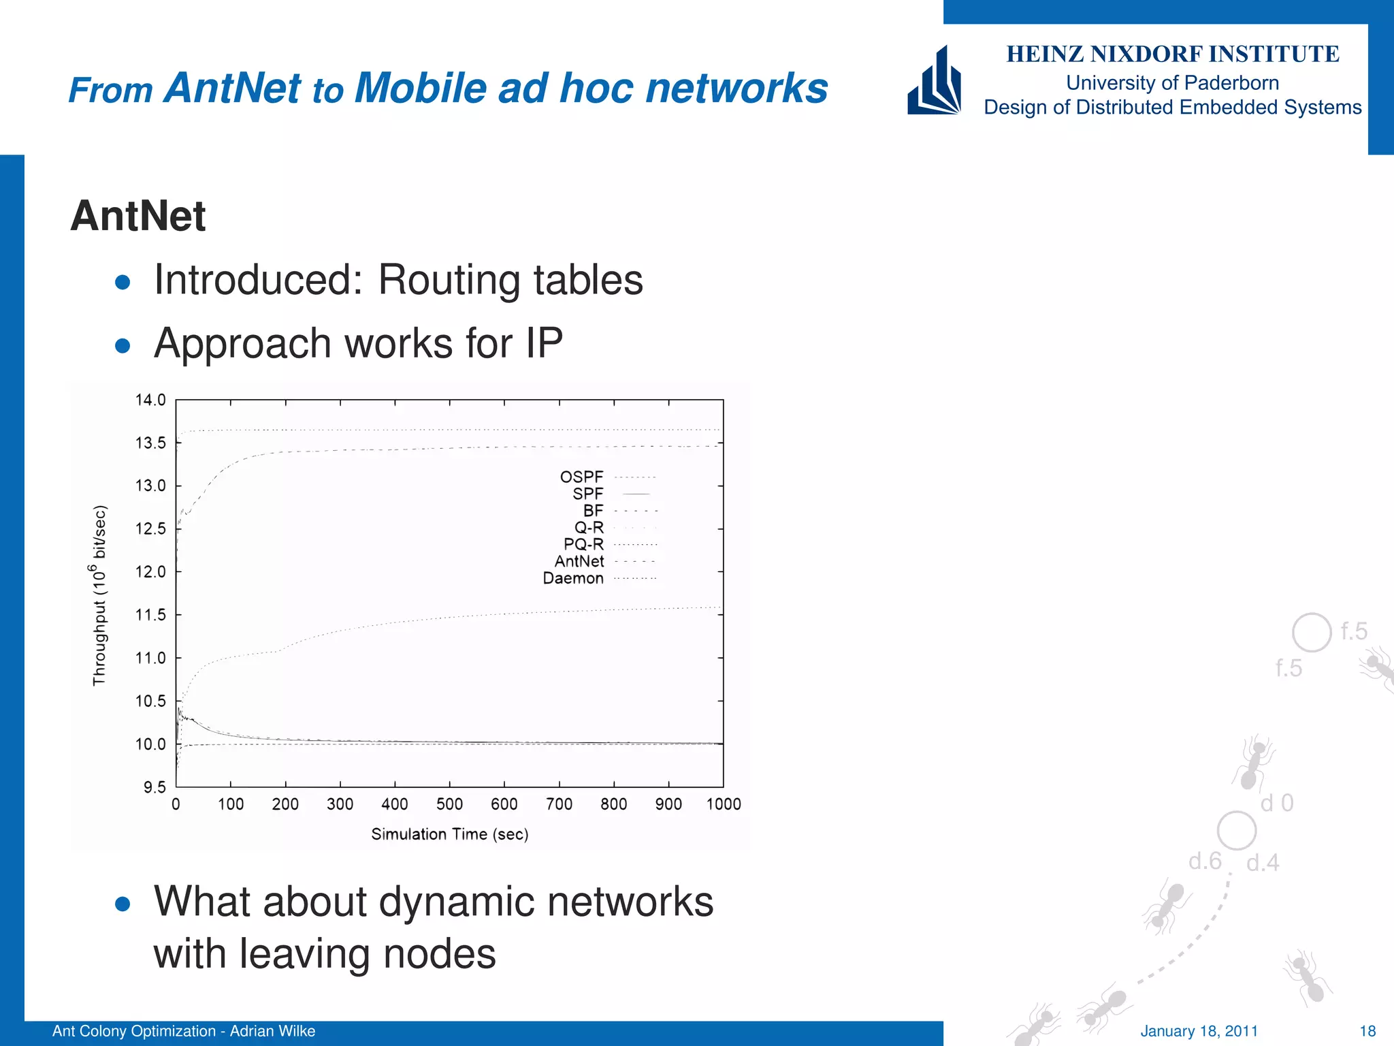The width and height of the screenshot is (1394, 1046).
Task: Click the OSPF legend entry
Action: (581, 477)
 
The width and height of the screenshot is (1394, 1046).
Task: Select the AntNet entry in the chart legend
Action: (579, 561)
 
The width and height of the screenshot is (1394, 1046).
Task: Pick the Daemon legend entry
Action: (573, 578)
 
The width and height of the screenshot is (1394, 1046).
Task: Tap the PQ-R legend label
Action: (583, 544)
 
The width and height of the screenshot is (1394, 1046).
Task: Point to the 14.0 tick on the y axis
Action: (150, 400)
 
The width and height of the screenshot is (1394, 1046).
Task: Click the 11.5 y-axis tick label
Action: (150, 615)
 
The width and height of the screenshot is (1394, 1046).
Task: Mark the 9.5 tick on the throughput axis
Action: (154, 787)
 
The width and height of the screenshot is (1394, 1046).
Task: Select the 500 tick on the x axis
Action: (449, 804)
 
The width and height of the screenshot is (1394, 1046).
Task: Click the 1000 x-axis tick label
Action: (724, 804)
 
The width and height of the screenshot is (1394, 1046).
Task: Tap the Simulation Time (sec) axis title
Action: (449, 834)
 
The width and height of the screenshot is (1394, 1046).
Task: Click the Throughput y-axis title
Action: (100, 595)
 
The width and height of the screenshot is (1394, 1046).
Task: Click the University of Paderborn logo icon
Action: (934, 81)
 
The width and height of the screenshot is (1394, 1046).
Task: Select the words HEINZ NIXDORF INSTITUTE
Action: (1172, 54)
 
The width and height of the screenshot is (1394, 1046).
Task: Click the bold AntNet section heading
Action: (137, 216)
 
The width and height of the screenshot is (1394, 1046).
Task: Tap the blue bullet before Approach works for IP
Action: (123, 346)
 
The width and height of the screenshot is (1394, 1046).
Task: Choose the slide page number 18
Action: (1367, 1031)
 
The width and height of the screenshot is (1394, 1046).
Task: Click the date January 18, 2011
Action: (1199, 1031)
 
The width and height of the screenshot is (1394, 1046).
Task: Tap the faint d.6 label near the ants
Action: (1205, 861)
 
